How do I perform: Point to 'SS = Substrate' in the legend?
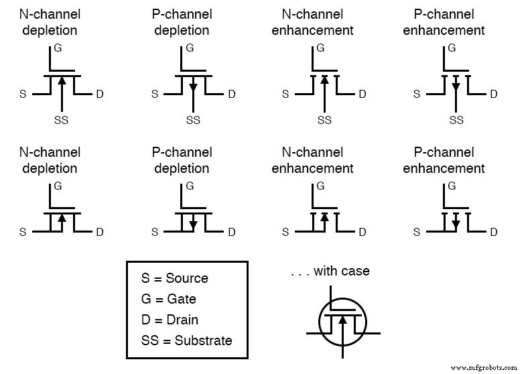click(186, 340)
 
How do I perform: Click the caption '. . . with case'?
click(330, 271)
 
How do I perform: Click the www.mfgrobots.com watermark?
click(484, 367)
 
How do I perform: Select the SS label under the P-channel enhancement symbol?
click(456, 120)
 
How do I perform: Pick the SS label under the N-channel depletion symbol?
click(61, 120)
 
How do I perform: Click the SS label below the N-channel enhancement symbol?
click(324, 120)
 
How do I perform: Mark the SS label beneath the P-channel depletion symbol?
click(193, 120)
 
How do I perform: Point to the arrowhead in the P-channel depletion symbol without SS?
click(193, 225)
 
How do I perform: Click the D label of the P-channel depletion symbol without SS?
click(232, 233)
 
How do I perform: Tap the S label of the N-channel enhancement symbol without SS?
click(285, 233)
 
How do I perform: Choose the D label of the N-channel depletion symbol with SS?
click(99, 94)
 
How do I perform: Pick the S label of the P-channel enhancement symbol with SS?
click(417, 94)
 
